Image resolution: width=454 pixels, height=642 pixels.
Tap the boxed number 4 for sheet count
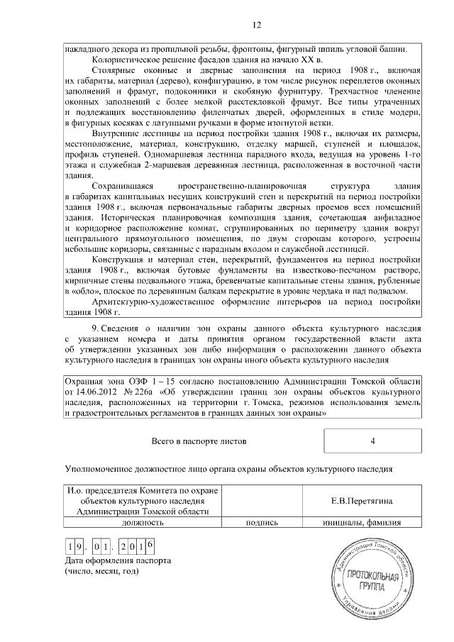coord(372,441)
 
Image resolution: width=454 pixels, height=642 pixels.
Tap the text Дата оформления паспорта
coord(117,560)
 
